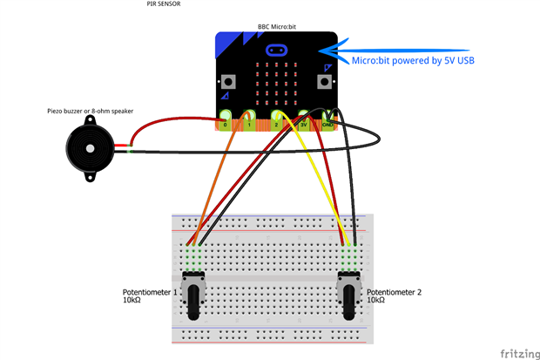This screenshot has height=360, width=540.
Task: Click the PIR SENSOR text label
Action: click(x=164, y=3)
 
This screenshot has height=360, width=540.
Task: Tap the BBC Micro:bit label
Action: click(x=277, y=26)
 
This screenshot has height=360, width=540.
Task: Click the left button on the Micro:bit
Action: click(x=228, y=82)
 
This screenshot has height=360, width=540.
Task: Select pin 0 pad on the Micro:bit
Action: click(x=226, y=119)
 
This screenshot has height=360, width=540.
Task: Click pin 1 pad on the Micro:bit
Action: click(x=249, y=119)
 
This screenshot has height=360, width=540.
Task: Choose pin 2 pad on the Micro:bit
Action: click(x=277, y=119)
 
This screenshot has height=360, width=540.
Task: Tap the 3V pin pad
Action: click(x=303, y=119)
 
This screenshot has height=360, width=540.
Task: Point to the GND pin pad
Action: click(x=327, y=119)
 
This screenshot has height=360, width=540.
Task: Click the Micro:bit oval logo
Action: click(x=277, y=51)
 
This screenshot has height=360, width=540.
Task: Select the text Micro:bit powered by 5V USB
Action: click(x=413, y=61)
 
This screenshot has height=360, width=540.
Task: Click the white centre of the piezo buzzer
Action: click(x=91, y=149)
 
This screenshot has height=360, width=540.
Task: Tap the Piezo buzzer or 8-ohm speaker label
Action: click(x=91, y=111)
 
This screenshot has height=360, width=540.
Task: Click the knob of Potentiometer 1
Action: click(x=193, y=302)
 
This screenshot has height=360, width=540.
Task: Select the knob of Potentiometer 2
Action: click(x=348, y=302)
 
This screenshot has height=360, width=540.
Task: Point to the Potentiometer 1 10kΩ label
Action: click(x=150, y=295)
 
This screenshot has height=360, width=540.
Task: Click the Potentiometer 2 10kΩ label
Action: click(x=394, y=295)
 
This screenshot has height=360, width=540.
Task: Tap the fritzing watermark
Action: click(x=520, y=354)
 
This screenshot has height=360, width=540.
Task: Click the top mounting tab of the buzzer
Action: click(x=90, y=120)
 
